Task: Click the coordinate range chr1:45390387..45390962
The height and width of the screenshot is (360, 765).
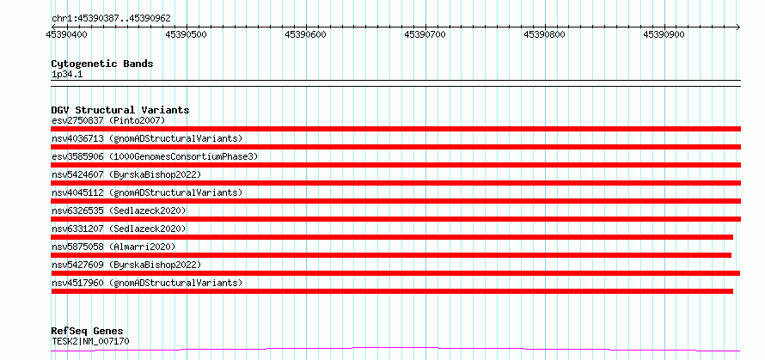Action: [111, 18]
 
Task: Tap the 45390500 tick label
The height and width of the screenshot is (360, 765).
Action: [186, 34]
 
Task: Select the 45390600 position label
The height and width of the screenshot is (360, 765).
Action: [305, 34]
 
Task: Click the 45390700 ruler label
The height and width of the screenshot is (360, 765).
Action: [425, 34]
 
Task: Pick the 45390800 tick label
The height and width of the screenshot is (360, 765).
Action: [544, 34]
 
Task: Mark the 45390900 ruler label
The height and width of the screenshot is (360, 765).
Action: [664, 34]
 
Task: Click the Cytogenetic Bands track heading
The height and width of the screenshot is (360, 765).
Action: [102, 64]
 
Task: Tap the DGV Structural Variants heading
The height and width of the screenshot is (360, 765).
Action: [120, 110]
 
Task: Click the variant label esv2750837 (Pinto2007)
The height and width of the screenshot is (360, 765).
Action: [109, 120]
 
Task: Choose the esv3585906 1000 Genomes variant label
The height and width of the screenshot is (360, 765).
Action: [155, 156]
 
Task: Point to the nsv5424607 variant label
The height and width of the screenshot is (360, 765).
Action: [126, 174]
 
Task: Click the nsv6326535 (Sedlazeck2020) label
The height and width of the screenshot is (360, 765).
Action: [119, 211]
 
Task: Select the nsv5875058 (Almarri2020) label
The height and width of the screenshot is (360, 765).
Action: [113, 247]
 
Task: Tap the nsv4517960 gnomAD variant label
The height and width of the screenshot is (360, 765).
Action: [147, 283]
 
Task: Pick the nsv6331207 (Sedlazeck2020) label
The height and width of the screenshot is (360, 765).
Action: [119, 229]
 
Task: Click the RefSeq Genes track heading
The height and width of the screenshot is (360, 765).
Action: [88, 332]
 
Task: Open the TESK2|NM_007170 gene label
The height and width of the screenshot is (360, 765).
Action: [91, 341]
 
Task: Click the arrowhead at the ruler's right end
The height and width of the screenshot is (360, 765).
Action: [738, 27]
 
